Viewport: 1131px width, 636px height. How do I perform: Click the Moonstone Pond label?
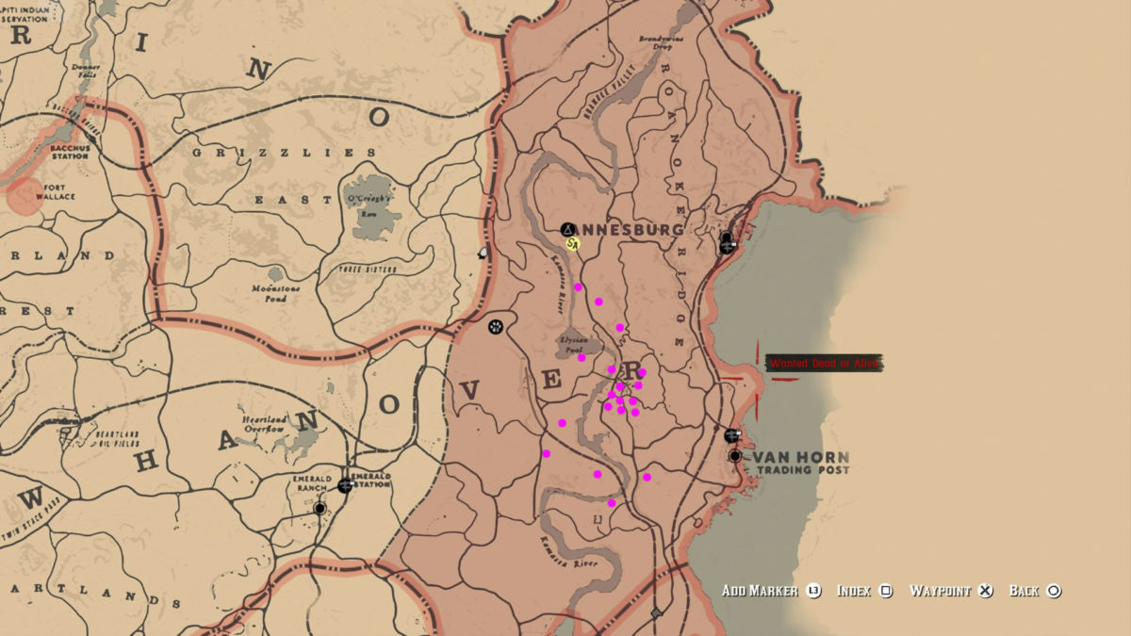[276, 293]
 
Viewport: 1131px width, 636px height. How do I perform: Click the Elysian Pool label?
[572, 344]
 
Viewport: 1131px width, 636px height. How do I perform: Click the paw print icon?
[496, 327]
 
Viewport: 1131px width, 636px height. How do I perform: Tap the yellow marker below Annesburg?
[572, 244]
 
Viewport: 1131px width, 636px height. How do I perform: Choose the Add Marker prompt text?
[760, 591]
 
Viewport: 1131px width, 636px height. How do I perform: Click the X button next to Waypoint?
[985, 591]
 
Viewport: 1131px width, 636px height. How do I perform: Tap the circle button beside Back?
[1054, 591]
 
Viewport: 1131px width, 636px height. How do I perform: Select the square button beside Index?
[886, 591]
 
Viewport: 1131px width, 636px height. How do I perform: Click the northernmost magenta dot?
[578, 287]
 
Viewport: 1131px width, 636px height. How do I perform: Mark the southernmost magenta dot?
[611, 503]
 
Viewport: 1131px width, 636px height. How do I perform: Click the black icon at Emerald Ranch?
[320, 508]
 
